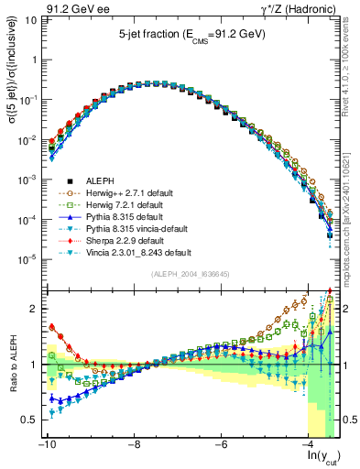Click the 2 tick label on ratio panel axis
tap(32, 309)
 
